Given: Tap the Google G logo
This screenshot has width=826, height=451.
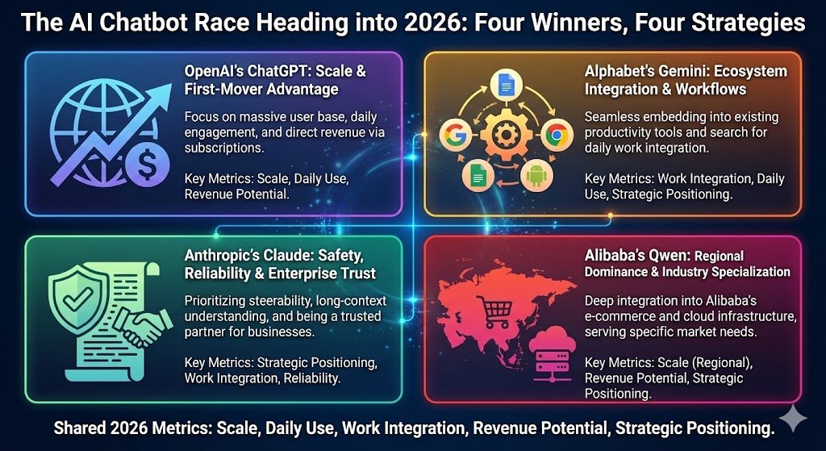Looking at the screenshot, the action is (457, 136).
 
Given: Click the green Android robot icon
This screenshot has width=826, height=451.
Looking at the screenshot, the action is (536, 177).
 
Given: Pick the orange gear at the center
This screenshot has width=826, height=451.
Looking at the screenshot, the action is (505, 135).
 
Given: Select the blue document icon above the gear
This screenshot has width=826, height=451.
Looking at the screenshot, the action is (504, 86).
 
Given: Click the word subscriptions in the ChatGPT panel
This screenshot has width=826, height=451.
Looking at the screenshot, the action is (223, 148).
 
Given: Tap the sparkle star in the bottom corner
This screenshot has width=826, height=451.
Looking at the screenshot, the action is (792, 419).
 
